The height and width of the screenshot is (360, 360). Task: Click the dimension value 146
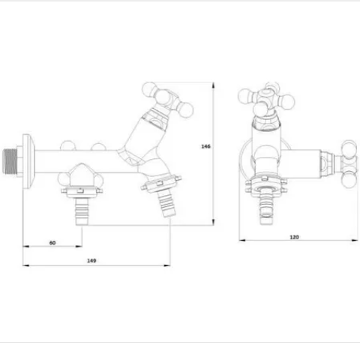point(205,146)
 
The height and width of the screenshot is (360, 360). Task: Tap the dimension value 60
point(52,242)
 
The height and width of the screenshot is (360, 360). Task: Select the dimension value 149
point(91,261)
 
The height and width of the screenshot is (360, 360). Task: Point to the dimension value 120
point(294,237)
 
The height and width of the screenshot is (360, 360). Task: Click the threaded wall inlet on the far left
point(10,161)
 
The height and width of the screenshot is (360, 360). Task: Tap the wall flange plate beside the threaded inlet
point(28,162)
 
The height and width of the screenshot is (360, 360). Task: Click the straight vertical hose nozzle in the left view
point(82,211)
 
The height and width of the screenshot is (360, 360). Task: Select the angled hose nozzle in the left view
point(166,204)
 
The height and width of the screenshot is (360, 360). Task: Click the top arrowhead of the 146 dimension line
point(213,85)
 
